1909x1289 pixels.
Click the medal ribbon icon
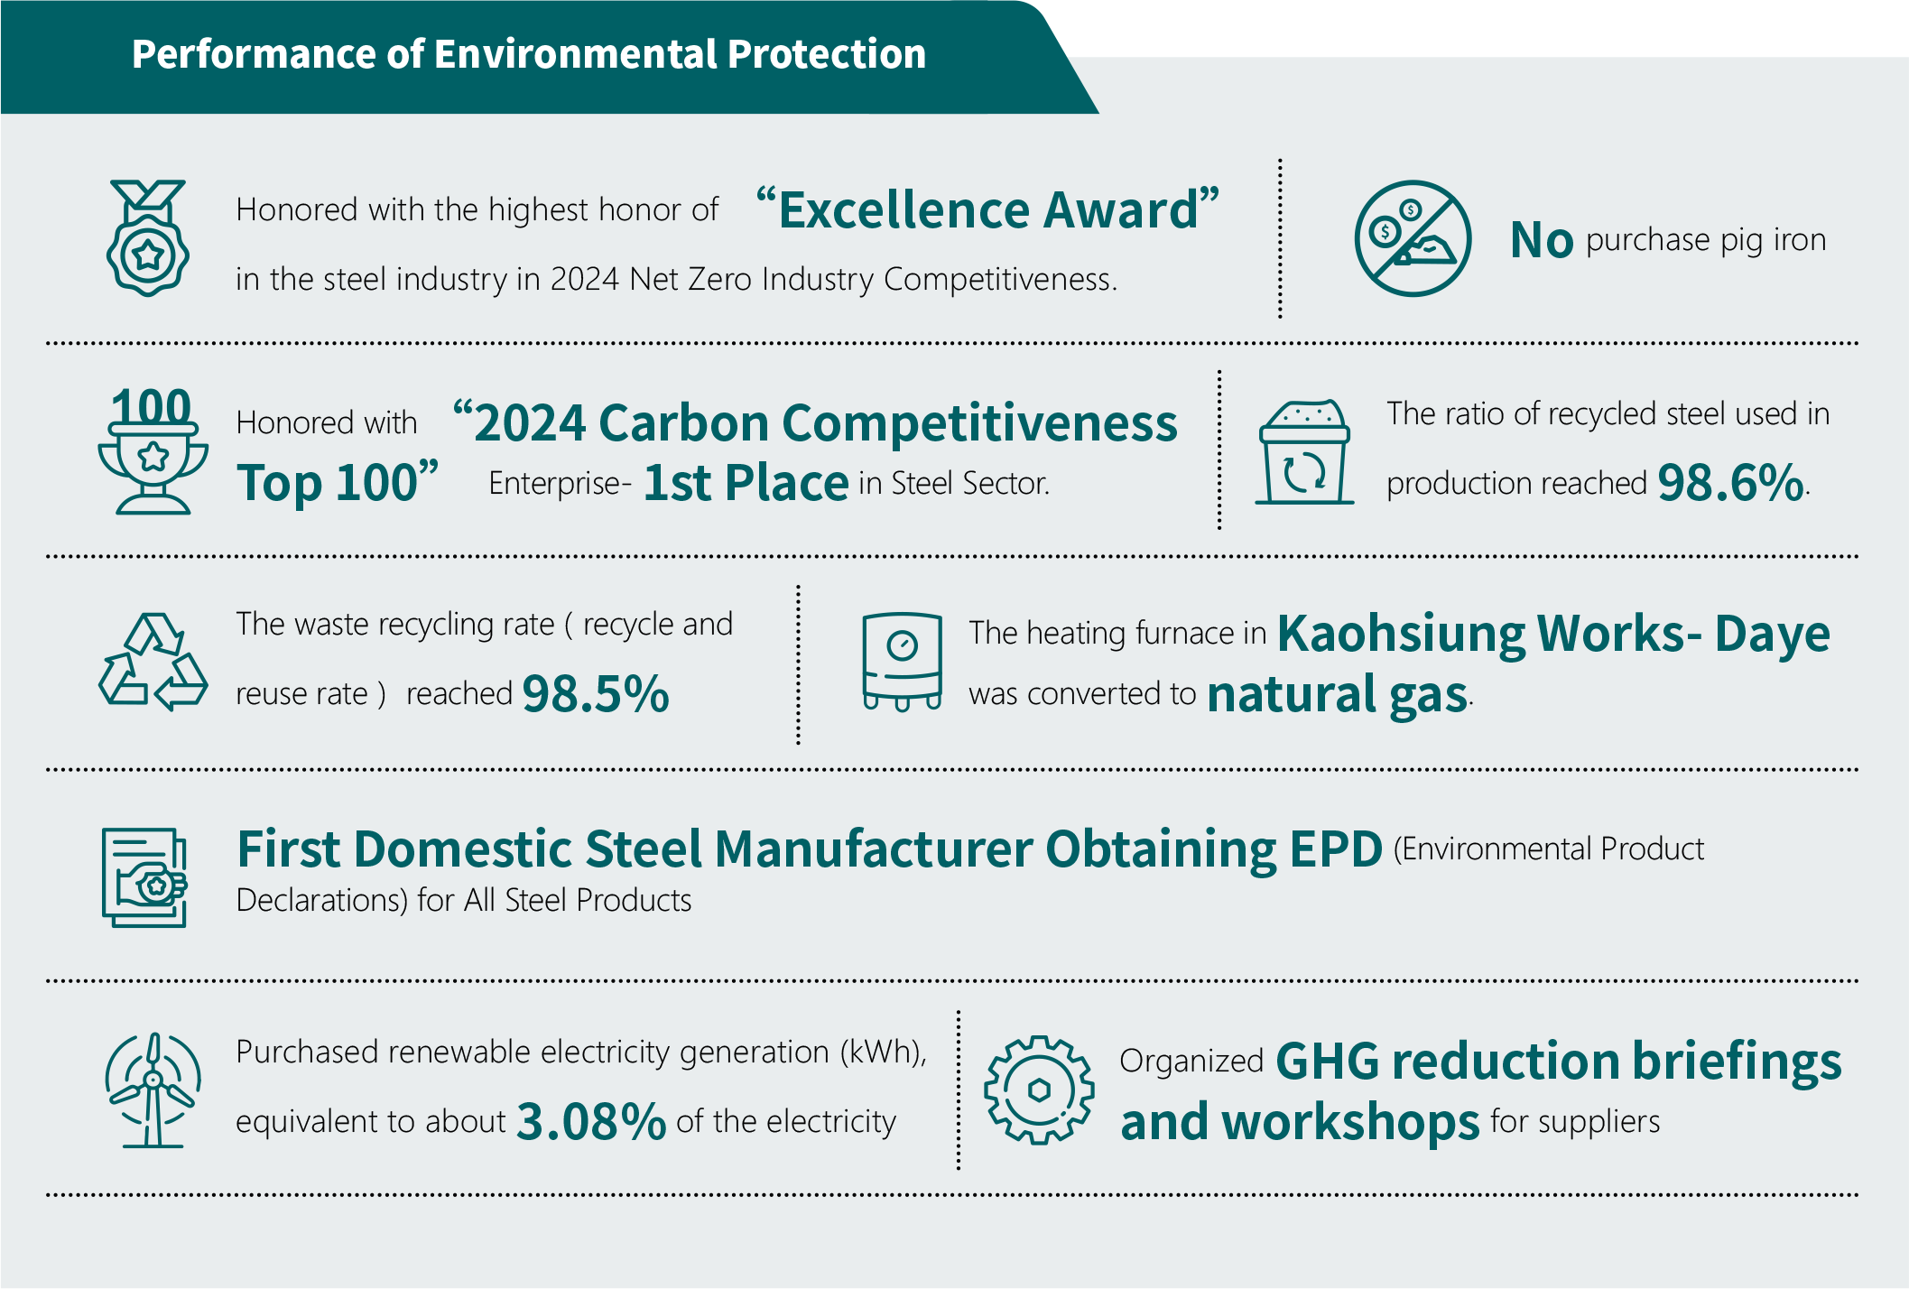coord(148,237)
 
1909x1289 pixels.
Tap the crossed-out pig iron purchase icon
coord(1413,238)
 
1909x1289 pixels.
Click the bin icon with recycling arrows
coord(1304,451)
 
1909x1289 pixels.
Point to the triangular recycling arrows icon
coord(153,663)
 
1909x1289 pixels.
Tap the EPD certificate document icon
coord(144,877)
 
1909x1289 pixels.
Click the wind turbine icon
coord(153,1090)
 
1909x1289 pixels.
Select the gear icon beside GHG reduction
coord(1039,1090)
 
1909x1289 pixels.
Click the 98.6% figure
coord(1731,483)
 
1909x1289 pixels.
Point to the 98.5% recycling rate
coord(596,694)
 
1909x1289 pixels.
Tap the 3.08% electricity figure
coord(591,1122)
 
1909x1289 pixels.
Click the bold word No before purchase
coord(1542,240)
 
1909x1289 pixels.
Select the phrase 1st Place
coord(746,483)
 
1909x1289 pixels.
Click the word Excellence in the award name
coord(904,209)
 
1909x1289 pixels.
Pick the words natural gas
coord(1338,695)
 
